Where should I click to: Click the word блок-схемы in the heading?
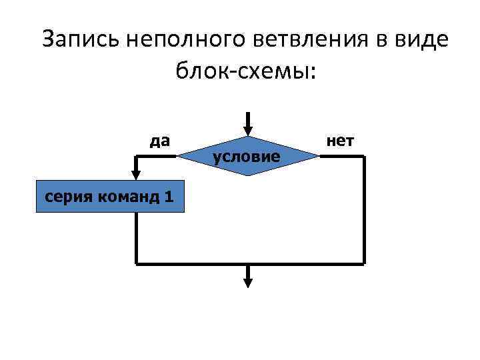pyautogui.click(x=244, y=69)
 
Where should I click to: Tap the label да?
pyautogui.click(x=159, y=141)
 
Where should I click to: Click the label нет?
pyautogui.click(x=340, y=141)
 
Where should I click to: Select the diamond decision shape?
pyautogui.click(x=247, y=156)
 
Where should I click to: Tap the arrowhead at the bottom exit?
pyautogui.click(x=247, y=282)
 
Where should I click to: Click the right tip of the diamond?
pyautogui.click(x=318, y=156)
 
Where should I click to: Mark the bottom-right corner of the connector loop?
pyautogui.click(x=364, y=263)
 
